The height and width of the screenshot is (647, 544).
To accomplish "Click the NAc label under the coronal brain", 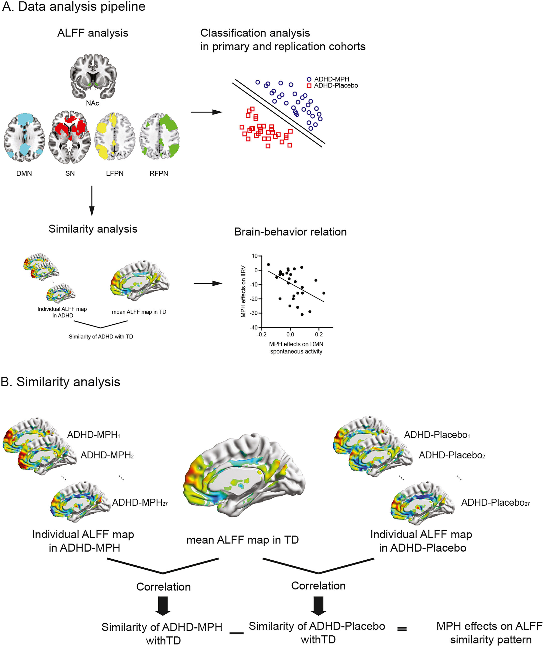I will click(x=92, y=103).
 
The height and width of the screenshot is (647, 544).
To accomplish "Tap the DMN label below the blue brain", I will click(x=24, y=173).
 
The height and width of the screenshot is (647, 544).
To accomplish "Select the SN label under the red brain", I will click(x=70, y=173).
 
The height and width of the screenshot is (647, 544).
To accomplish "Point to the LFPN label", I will click(x=115, y=173).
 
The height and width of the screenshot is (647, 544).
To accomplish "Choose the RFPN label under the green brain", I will click(x=159, y=173).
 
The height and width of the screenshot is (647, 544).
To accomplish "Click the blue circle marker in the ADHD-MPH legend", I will click(x=309, y=79).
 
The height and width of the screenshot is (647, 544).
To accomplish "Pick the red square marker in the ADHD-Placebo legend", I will click(x=309, y=86).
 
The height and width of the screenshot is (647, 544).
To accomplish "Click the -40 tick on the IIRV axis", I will click(x=254, y=327).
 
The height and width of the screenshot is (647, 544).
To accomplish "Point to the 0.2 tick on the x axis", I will click(x=318, y=334).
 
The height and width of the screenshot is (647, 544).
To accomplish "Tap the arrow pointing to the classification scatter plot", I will click(x=206, y=112).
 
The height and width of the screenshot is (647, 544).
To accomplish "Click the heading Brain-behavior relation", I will click(x=290, y=232).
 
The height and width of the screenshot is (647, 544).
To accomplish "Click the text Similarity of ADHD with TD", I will click(x=101, y=336).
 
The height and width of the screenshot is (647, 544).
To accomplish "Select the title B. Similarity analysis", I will click(x=60, y=382).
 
